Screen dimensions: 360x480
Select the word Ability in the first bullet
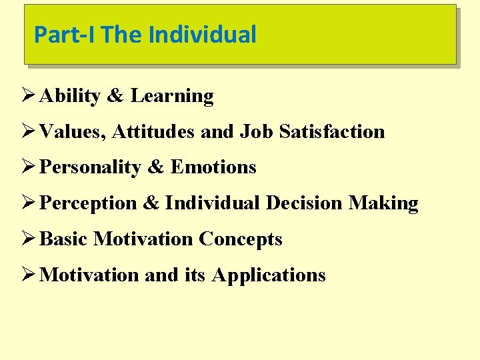coord(70,97)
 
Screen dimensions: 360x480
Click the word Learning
coord(172,97)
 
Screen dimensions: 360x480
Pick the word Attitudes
coord(153,132)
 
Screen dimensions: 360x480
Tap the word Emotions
coord(213,167)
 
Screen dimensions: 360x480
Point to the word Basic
coord(64,239)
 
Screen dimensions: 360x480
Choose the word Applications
coord(269,275)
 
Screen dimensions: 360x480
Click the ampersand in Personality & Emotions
coord(155,167)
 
